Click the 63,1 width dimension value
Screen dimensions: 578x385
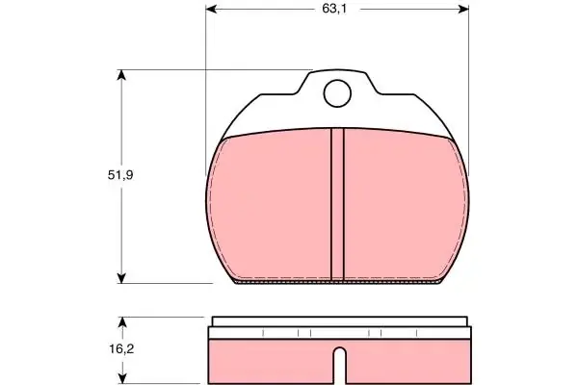point(334,9)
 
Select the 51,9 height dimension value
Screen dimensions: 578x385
point(120,175)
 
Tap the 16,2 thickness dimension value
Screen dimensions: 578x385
point(121,348)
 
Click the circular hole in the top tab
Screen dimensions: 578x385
point(337,93)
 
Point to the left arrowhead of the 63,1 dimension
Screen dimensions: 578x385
point(211,10)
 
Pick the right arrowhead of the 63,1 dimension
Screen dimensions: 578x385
point(463,10)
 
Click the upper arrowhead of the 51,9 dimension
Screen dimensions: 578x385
point(121,75)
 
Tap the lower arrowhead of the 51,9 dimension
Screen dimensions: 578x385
point(121,278)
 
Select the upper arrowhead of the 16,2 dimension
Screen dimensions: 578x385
point(122,322)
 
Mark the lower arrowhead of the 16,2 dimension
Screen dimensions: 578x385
point(122,378)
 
